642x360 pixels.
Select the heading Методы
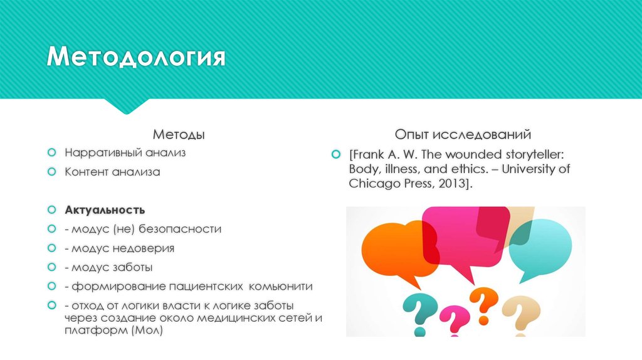coord(179,135)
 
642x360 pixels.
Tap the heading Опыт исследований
coord(463,134)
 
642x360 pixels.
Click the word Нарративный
coord(102,152)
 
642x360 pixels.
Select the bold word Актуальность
coord(105,209)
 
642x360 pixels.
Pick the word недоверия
coord(144,248)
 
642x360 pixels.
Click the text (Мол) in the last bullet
coord(147,331)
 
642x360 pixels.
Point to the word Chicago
coord(374,184)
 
